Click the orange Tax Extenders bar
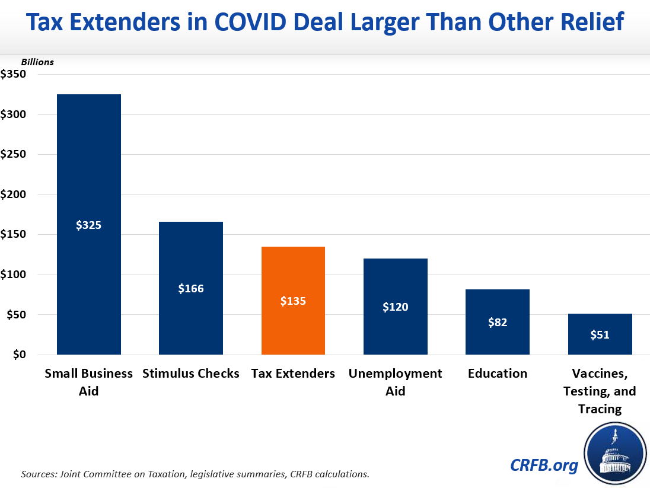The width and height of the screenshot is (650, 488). click(x=293, y=279)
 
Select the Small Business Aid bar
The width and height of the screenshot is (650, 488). click(x=88, y=178)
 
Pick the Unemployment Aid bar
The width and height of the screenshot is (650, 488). click(x=396, y=285)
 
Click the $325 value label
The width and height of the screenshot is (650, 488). click(x=88, y=225)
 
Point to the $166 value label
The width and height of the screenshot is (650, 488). click(x=190, y=289)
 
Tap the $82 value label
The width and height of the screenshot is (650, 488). click(x=498, y=323)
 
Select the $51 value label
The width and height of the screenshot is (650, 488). click(x=600, y=335)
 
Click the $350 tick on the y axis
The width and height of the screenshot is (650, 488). click(x=13, y=75)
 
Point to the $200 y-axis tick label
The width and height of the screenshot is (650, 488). click(x=13, y=194)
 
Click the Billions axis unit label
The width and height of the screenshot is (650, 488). click(x=37, y=62)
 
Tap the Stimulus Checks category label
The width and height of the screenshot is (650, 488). click(x=190, y=374)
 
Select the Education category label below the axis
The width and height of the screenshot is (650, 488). click(x=498, y=374)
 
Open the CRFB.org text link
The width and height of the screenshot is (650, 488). click(x=544, y=465)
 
